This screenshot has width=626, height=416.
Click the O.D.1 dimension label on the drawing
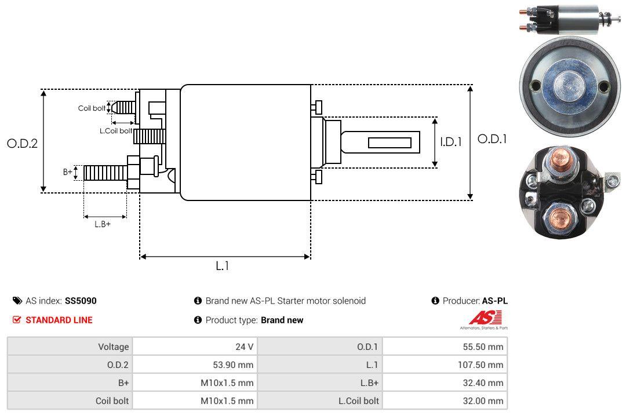tap(492, 139)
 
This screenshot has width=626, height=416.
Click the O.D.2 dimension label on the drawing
tap(22, 144)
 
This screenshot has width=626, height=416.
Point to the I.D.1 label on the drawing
tap(450, 141)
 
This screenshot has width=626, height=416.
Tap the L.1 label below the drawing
tap(223, 266)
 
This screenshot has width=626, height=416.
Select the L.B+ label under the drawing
tap(103, 224)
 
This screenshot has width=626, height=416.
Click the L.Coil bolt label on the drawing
tap(116, 131)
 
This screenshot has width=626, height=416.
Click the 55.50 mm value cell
tap(485, 347)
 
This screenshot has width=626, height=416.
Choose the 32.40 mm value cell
tap(485, 383)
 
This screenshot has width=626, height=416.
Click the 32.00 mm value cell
tap(485, 401)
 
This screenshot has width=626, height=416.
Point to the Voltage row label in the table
tap(113, 347)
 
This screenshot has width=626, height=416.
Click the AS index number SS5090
tap(81, 301)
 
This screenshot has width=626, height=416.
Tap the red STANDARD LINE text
tap(59, 320)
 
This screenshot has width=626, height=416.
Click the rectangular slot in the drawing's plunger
tap(390, 143)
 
